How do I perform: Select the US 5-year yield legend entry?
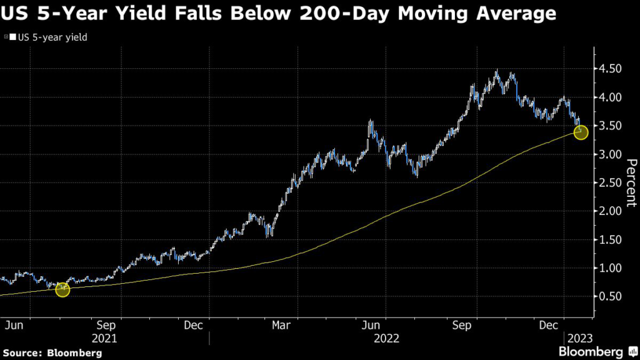click(47, 37)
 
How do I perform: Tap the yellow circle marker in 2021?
click(62, 289)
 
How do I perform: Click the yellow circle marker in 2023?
click(581, 132)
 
